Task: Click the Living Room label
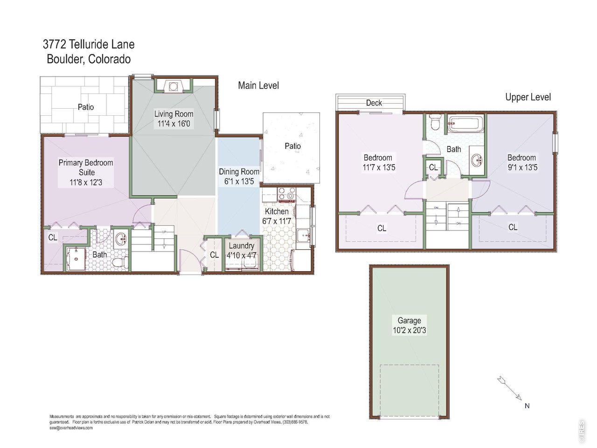[x=174, y=114]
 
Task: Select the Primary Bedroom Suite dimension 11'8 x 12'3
[x=86, y=182]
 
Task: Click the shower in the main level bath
[x=75, y=259]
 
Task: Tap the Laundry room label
[x=241, y=246]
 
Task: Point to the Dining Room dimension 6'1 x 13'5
[x=239, y=182]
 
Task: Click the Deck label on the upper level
[x=374, y=103]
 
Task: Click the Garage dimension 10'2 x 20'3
[x=409, y=330]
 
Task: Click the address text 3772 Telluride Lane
[x=89, y=44]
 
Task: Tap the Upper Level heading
[x=528, y=97]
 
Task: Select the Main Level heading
[x=258, y=85]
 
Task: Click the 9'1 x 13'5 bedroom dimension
[x=521, y=168]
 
